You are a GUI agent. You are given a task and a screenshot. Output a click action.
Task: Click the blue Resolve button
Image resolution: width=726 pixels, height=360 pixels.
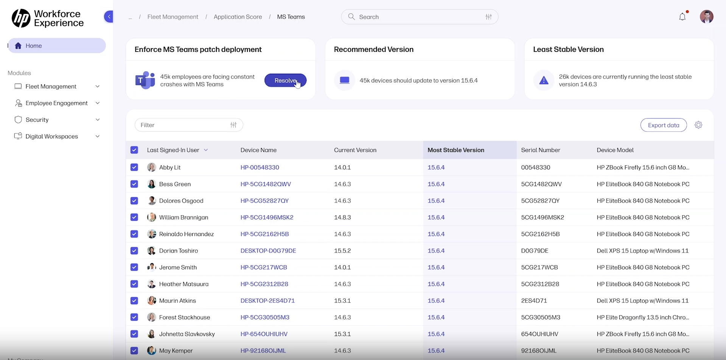coord(285,80)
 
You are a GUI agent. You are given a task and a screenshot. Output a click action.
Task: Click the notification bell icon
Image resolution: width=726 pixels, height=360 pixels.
coord(682,17)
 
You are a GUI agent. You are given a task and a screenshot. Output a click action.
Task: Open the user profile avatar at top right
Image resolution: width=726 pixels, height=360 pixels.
coord(706,17)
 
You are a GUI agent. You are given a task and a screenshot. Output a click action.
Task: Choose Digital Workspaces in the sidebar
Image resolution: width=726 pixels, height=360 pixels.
coord(52,136)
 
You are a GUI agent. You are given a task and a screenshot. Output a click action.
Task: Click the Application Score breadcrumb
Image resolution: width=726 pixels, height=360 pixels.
coord(238,17)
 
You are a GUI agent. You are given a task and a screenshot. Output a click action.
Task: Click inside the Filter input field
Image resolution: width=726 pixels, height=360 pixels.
coord(183,125)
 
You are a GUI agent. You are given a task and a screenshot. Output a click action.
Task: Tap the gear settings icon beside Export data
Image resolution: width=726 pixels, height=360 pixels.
coord(698,125)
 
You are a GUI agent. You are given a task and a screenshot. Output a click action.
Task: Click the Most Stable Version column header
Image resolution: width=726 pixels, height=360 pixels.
coord(455,150)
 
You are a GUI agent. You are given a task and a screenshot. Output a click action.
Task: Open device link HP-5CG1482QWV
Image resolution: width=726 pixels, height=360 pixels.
coord(266,184)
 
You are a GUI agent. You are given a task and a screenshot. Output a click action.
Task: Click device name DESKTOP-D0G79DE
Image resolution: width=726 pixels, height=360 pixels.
coord(268,251)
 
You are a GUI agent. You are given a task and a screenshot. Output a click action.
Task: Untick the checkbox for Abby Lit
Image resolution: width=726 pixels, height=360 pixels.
coord(134,167)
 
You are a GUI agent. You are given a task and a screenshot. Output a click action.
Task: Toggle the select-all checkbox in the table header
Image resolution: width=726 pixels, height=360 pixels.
coord(134,150)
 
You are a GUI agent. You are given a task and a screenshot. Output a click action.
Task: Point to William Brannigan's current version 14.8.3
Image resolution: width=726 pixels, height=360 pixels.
coord(342,217)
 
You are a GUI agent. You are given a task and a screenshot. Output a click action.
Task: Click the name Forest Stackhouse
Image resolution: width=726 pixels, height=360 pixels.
coord(185,317)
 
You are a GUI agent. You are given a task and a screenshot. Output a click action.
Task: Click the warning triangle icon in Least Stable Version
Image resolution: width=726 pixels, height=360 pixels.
coord(544,80)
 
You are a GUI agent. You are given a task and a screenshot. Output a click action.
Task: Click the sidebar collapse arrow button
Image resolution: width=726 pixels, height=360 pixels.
coord(109,17)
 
